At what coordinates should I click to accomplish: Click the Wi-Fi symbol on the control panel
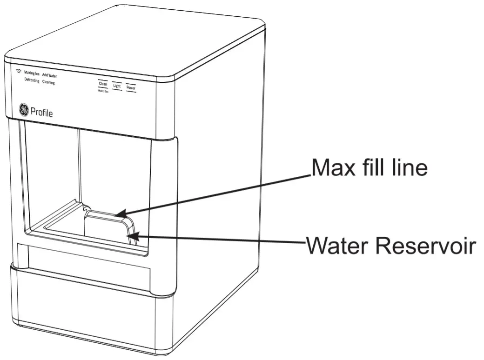(x=19, y=72)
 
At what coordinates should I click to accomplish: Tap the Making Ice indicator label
(x=32, y=73)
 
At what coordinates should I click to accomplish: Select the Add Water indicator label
(x=49, y=75)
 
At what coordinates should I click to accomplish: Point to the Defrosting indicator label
(x=32, y=80)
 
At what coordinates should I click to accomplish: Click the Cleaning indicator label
(x=48, y=82)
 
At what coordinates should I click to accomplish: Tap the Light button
(x=117, y=87)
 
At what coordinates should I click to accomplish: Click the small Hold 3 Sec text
(x=103, y=91)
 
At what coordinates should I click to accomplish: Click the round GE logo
(x=23, y=110)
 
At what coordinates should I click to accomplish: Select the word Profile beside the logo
(x=41, y=112)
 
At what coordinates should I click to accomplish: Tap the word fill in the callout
(x=374, y=167)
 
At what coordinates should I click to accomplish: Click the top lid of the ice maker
(x=140, y=37)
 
